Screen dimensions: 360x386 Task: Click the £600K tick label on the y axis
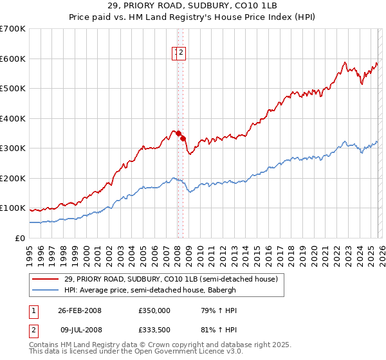[x=13, y=59]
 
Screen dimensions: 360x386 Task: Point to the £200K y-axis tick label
[x=13, y=178]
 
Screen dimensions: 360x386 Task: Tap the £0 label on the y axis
[x=21, y=238]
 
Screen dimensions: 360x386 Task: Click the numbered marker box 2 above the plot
[x=182, y=53]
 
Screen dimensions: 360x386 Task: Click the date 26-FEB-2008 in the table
[x=80, y=310]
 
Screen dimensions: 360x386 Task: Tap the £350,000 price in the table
[x=154, y=310]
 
